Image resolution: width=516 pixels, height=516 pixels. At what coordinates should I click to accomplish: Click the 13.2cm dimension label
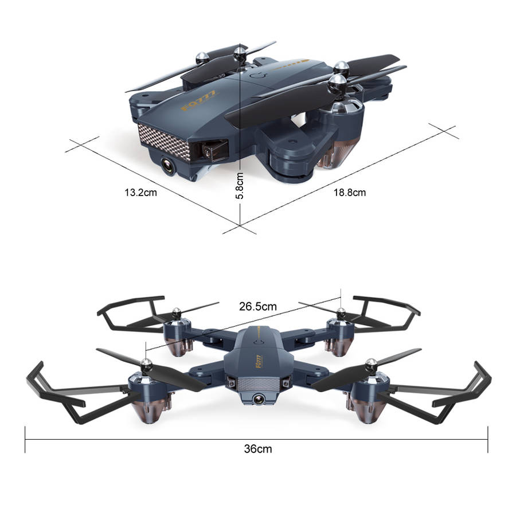(x=140, y=193)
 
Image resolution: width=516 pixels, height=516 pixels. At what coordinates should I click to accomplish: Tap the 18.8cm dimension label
(x=350, y=193)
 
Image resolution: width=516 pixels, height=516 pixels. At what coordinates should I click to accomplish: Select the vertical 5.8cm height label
(x=240, y=186)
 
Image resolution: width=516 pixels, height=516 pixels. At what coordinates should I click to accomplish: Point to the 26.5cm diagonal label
(x=257, y=306)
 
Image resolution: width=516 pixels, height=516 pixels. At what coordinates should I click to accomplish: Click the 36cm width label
(x=258, y=448)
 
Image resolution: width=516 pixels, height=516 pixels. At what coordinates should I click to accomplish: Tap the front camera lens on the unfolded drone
(x=258, y=399)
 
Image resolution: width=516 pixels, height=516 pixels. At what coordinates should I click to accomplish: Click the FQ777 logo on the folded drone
(x=199, y=100)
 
